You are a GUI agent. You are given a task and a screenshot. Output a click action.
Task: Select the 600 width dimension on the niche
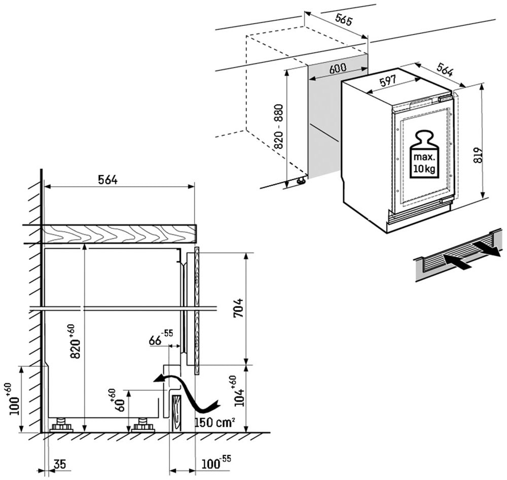338,69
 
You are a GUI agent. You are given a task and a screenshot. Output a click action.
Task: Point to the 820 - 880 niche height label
278,126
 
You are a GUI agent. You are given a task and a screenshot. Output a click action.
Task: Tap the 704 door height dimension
238,308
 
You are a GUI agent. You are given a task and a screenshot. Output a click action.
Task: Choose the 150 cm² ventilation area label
213,422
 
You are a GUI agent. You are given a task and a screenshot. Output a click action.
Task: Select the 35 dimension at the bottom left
59,464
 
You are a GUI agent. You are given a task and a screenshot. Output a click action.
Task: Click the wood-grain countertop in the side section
119,234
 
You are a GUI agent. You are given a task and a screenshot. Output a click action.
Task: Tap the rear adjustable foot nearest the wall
61,425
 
